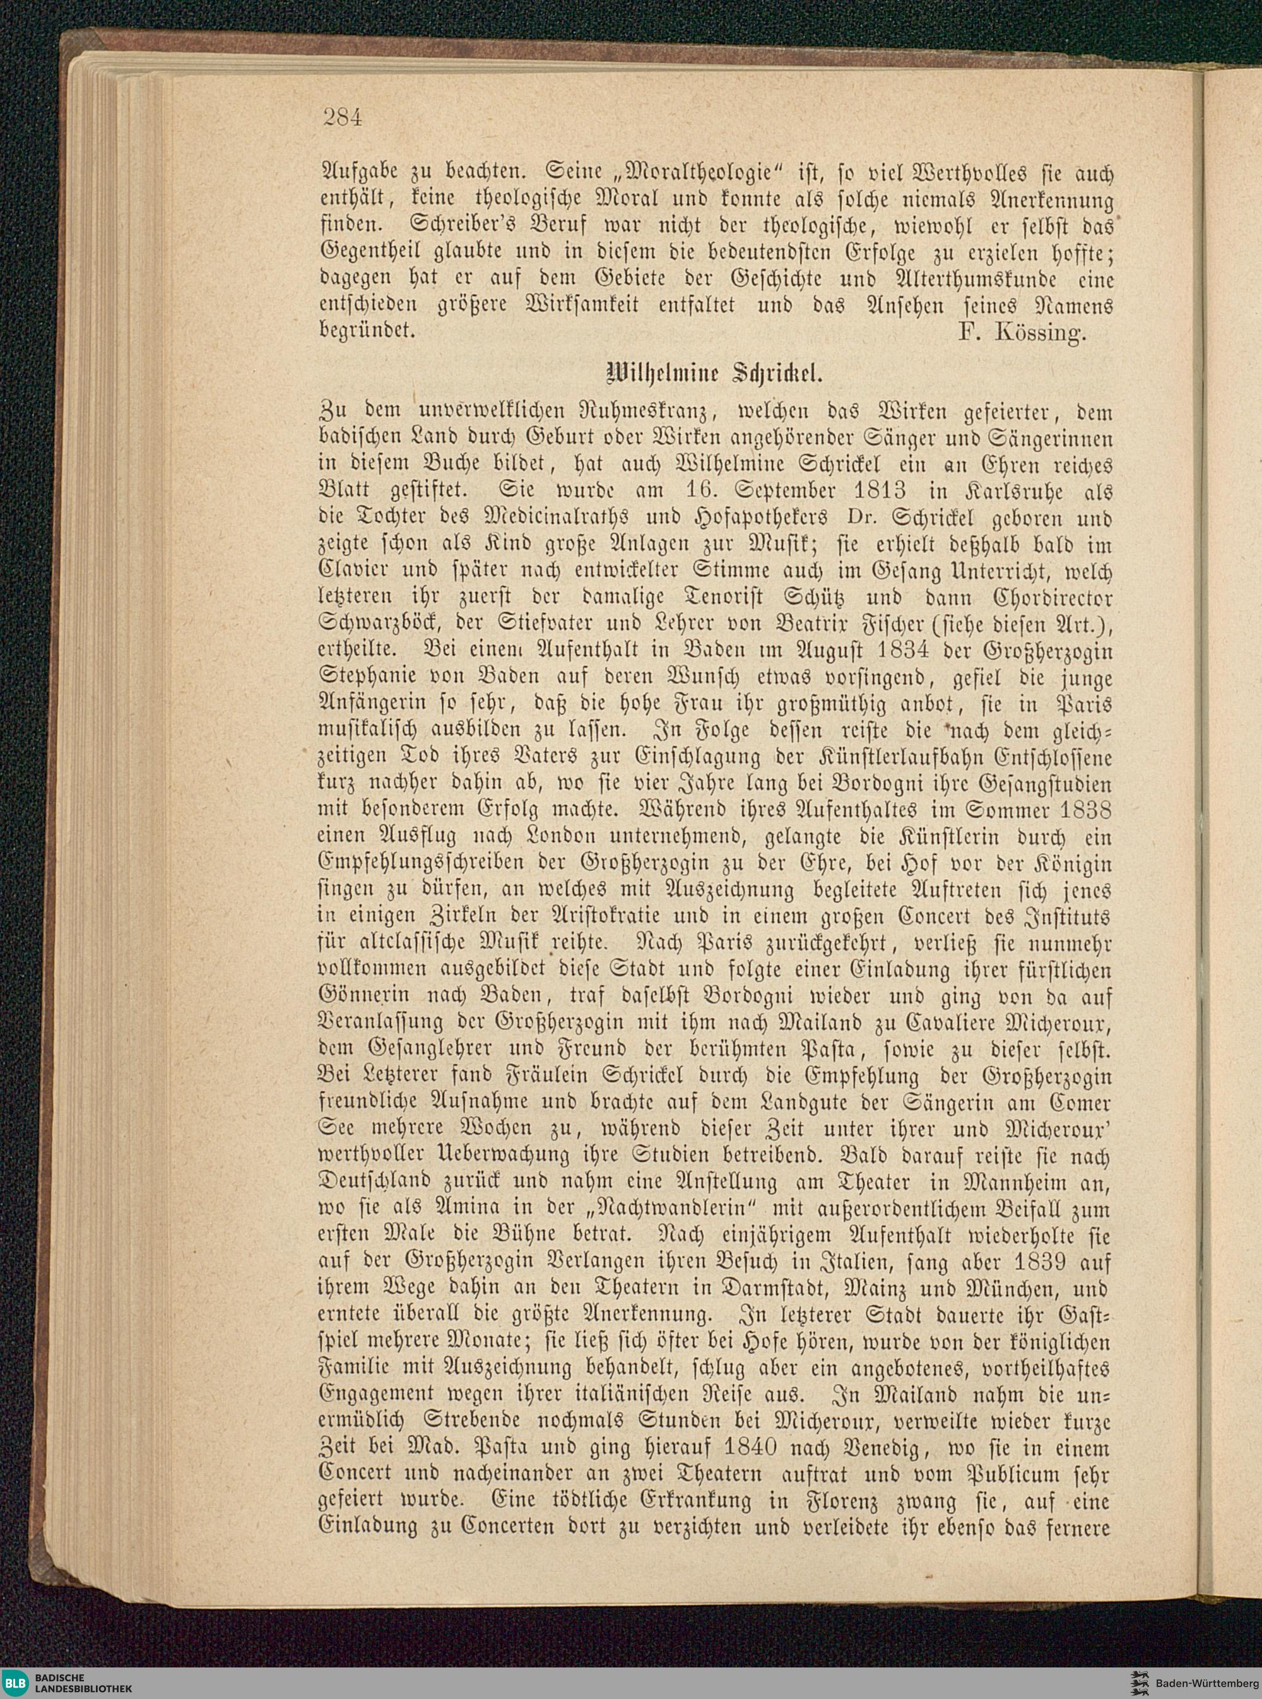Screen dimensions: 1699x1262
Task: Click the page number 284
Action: click(341, 117)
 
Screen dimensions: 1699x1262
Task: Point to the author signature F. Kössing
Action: click(1020, 333)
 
